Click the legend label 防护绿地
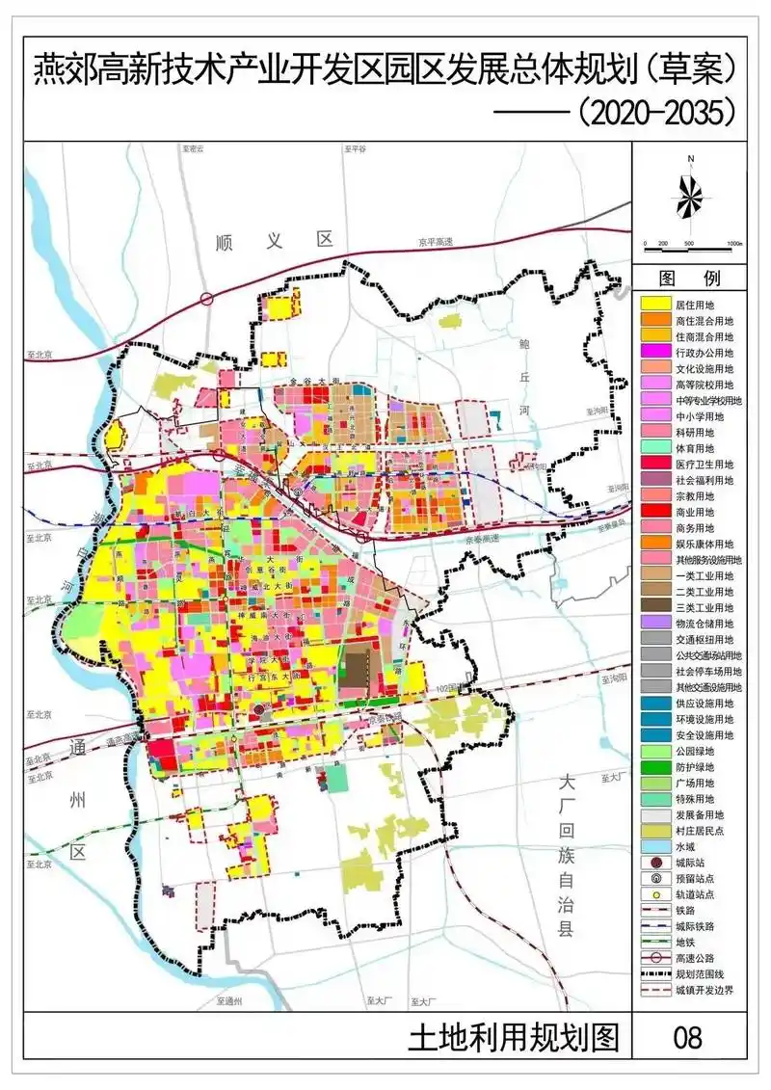pos(701,766)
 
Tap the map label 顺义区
pos(274,241)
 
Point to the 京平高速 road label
pos(436,242)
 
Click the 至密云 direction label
pos(195,149)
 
